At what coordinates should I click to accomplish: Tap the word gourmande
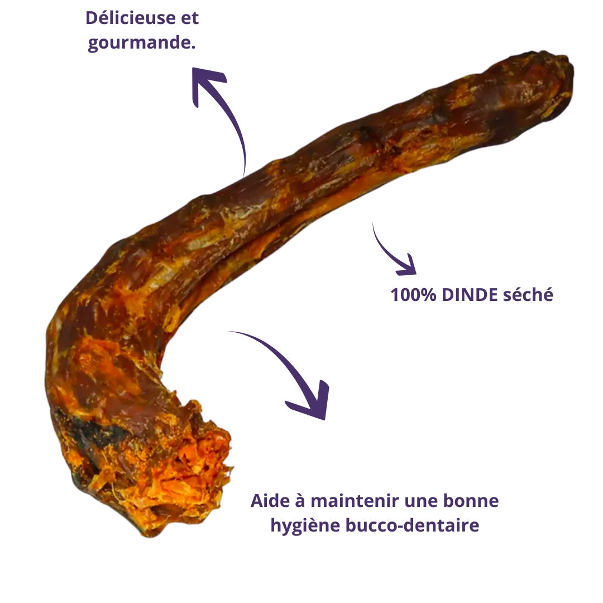point(139,43)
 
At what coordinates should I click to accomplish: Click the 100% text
point(413,295)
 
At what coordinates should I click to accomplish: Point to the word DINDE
point(470,295)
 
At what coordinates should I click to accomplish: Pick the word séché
point(528,295)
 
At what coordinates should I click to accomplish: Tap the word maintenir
point(355,501)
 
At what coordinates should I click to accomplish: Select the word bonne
point(471,501)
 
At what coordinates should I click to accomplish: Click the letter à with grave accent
point(300,500)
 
